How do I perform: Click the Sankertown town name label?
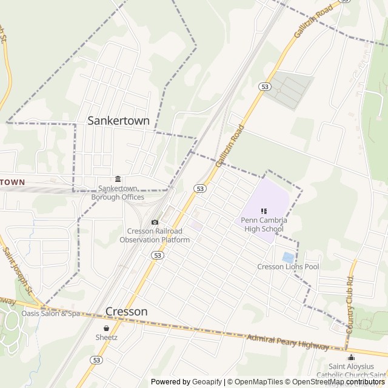pyautogui.click(x=118, y=121)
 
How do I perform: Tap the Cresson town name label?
pyautogui.click(x=126, y=312)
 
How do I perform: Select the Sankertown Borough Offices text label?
pyautogui.click(x=118, y=193)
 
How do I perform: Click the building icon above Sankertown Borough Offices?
pyautogui.click(x=118, y=179)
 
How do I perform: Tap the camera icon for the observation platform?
pyautogui.click(x=155, y=222)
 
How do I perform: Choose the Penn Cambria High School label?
pyautogui.click(x=264, y=224)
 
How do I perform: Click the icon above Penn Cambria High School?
pyautogui.click(x=264, y=211)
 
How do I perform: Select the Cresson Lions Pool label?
pyautogui.click(x=288, y=267)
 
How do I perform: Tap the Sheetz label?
pyautogui.click(x=106, y=337)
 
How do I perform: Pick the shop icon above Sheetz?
pyautogui.click(x=106, y=328)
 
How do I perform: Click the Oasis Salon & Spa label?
pyautogui.click(x=51, y=313)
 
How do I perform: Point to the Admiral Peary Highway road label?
pyautogui.click(x=288, y=343)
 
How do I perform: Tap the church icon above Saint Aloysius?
pyautogui.click(x=352, y=357)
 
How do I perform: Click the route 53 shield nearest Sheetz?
pyautogui.click(x=96, y=360)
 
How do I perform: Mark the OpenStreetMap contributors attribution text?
pyautogui.click(x=336, y=382)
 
